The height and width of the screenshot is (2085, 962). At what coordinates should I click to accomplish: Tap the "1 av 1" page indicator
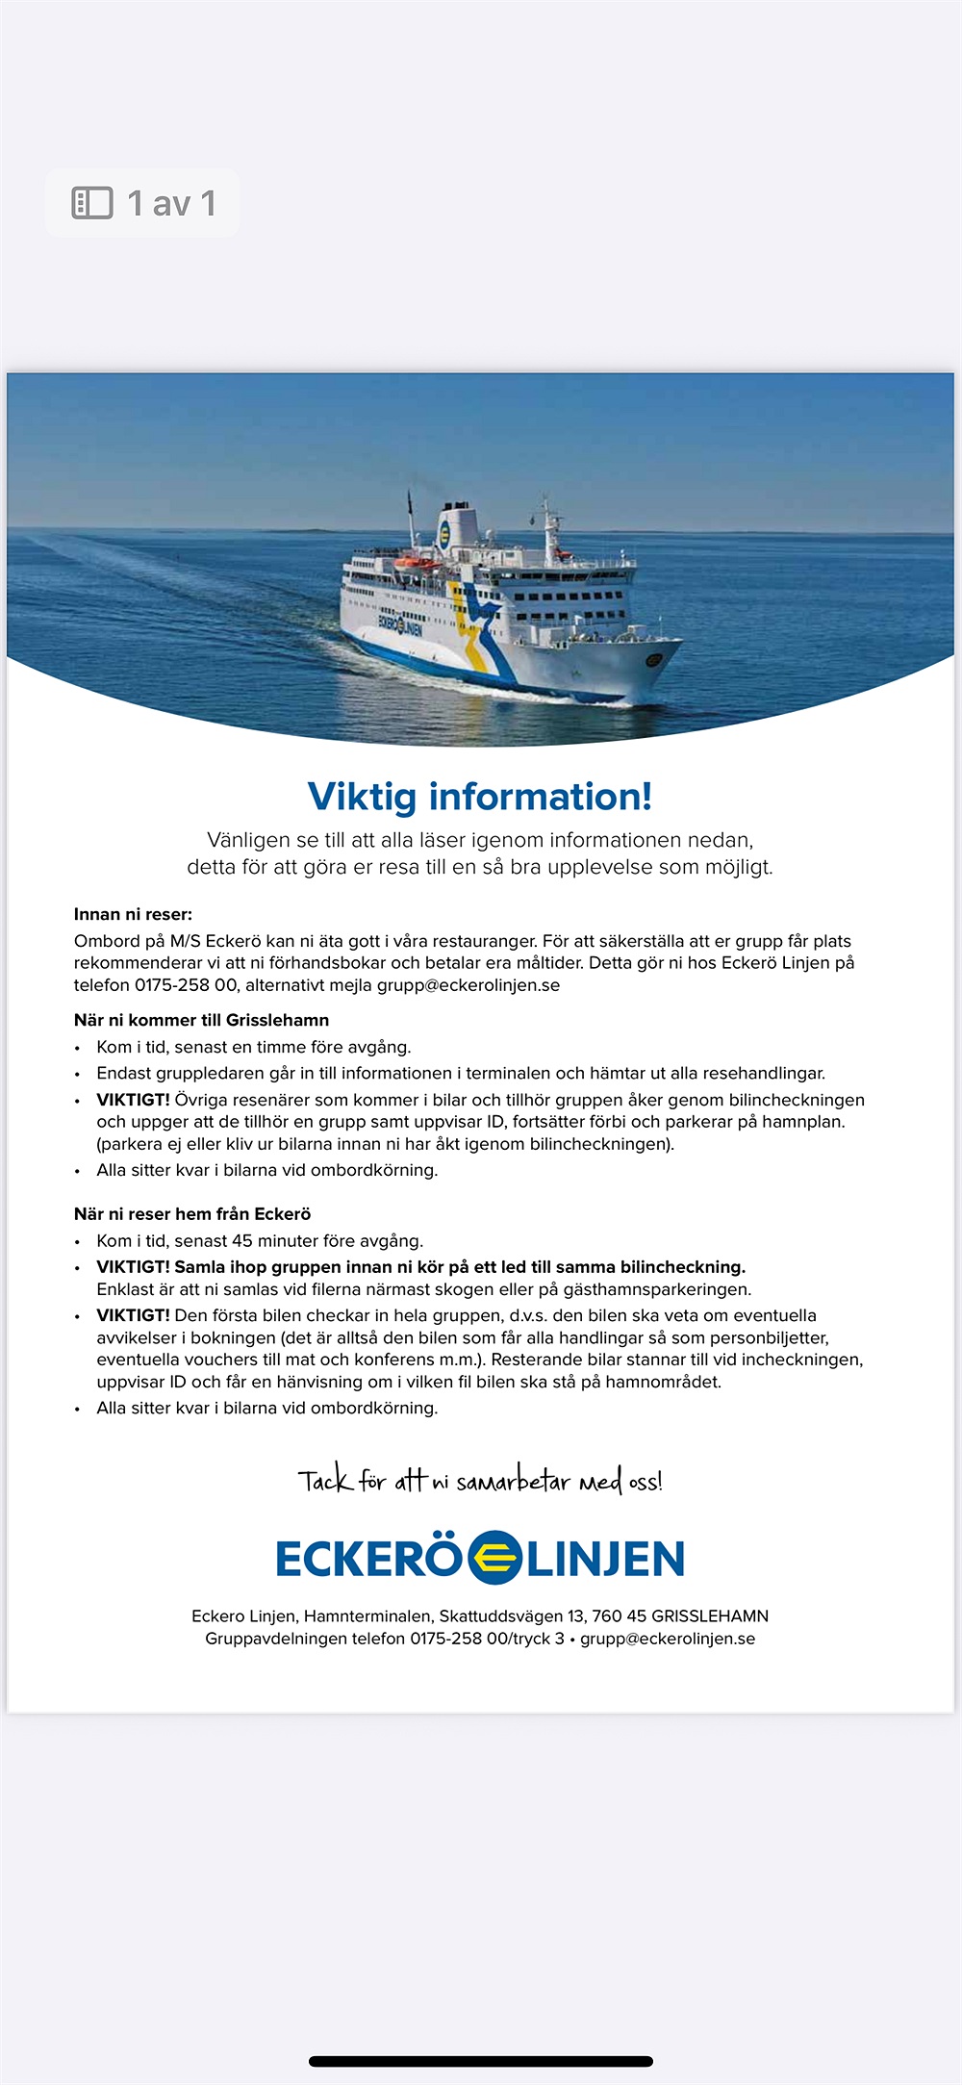(171, 203)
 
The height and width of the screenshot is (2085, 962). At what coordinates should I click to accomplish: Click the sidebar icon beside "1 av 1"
(92, 203)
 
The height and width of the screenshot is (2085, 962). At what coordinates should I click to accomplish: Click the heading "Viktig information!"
(480, 797)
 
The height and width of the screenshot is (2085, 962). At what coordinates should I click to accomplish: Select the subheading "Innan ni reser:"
(133, 914)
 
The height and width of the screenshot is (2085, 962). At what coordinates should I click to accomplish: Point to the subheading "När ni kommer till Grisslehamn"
(201, 1020)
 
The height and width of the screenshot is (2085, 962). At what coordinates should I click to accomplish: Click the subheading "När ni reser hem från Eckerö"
(192, 1214)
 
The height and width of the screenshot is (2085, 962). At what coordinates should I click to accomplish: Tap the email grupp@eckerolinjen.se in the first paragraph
(468, 985)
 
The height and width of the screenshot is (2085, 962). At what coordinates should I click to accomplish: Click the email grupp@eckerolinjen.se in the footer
(668, 1639)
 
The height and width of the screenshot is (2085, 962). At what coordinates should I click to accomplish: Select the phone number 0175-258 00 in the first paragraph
(186, 985)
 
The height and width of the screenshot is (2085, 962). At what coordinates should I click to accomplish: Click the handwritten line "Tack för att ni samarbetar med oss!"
(480, 1480)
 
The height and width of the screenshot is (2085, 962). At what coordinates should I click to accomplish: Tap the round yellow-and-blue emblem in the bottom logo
(494, 1558)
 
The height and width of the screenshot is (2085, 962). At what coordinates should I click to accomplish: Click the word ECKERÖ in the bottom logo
(368, 1559)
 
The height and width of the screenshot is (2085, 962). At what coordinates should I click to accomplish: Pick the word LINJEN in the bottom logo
(606, 1559)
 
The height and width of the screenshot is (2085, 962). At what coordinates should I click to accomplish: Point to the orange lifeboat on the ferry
(417, 563)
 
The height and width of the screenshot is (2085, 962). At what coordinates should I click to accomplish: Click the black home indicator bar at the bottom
(481, 2062)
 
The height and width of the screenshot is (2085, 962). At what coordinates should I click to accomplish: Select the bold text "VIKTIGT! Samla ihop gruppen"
(230, 1267)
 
